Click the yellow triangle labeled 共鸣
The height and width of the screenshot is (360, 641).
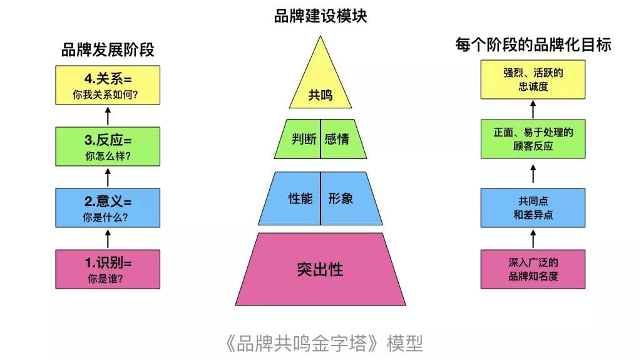click(x=320, y=82)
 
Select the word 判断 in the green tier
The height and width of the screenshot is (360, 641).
click(x=304, y=139)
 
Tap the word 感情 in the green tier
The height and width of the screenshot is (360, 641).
click(x=337, y=139)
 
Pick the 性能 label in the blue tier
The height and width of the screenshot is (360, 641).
click(x=300, y=199)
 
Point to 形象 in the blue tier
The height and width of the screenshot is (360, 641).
click(x=341, y=199)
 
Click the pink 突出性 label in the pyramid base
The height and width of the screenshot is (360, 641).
click(x=320, y=270)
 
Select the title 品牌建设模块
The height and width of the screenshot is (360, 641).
click(x=320, y=16)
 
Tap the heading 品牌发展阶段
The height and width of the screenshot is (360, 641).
click(x=108, y=50)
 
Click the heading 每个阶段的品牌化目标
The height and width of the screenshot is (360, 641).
click(x=533, y=44)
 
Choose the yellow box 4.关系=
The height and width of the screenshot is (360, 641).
click(x=108, y=85)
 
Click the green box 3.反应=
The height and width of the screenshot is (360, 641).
click(x=108, y=147)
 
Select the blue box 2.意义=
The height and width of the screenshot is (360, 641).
click(x=108, y=208)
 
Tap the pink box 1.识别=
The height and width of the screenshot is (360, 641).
click(x=108, y=269)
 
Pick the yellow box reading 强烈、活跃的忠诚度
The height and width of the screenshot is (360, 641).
click(x=533, y=80)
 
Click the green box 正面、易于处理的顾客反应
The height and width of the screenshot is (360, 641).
click(x=533, y=139)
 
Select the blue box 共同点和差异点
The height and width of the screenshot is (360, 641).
click(x=533, y=208)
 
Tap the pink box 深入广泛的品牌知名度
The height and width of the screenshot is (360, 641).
click(x=533, y=269)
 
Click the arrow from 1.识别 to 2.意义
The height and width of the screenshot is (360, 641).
click(x=108, y=239)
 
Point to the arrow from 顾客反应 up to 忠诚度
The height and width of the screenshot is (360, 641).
click(x=533, y=109)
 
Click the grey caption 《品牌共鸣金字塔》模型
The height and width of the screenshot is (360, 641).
click(x=324, y=343)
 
